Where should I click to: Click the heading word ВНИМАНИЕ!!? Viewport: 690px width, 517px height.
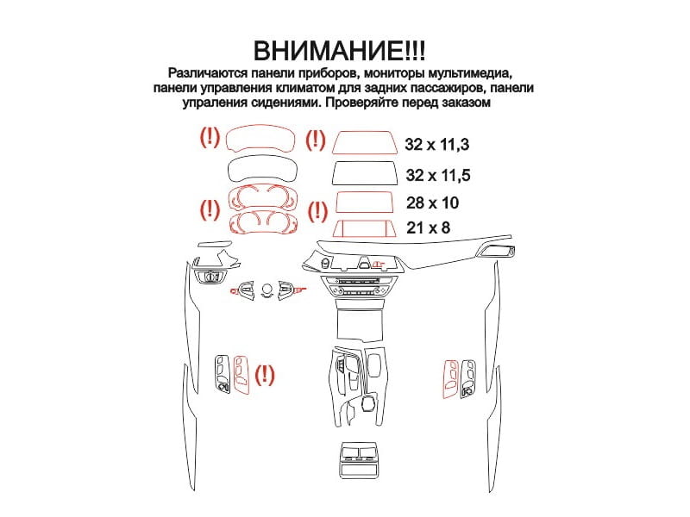[339, 51]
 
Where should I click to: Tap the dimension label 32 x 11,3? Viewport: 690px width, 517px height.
[437, 145]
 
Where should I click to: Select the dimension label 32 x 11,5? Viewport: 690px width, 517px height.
[438, 175]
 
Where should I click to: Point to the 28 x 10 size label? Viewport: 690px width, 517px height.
[433, 202]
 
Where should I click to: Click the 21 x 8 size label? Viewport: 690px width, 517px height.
[428, 227]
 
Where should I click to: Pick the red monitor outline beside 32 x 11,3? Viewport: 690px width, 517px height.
[365, 153]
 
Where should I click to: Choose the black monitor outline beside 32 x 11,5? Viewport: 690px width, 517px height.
[365, 184]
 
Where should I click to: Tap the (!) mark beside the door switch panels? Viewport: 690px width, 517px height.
[265, 375]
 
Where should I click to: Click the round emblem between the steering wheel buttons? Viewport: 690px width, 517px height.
[267, 288]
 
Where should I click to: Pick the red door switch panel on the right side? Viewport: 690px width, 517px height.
[450, 379]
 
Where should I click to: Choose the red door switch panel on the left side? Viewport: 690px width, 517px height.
[241, 374]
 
